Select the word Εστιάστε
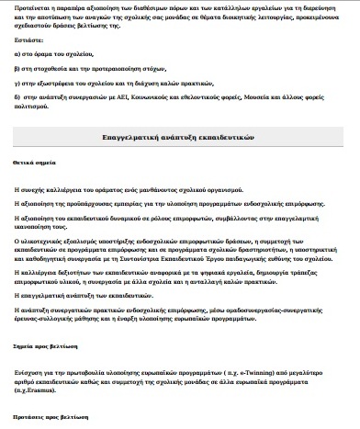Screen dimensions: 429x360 [27, 41]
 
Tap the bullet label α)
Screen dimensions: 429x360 [18, 54]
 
